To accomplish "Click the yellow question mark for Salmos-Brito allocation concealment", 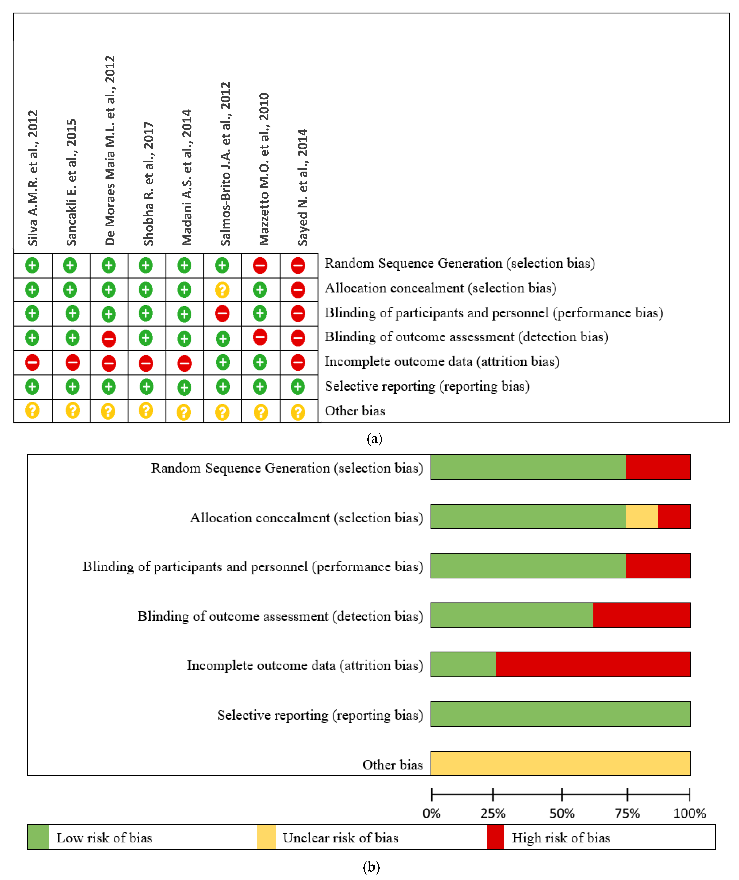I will click(222, 290).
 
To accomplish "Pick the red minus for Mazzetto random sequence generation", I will click(260, 265).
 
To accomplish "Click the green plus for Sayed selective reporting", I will click(298, 386).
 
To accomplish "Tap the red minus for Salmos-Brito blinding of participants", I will click(222, 313).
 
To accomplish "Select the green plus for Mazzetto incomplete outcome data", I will click(260, 362).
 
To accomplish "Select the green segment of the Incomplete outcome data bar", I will click(463, 664).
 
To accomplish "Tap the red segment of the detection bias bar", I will click(642, 615).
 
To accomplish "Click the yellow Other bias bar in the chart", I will click(560, 763).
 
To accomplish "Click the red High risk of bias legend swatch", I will click(495, 837).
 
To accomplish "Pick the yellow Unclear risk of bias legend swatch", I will click(266, 837).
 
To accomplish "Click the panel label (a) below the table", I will click(374, 439).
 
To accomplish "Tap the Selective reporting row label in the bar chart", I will click(320, 715).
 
